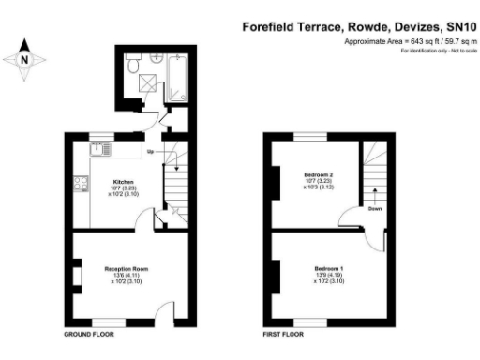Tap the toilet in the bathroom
pos(134,67)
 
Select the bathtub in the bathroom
pos(176,81)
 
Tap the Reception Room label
pos(127,269)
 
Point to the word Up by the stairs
pos(150,150)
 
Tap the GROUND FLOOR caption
pos(88,334)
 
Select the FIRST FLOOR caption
pos(283,334)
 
